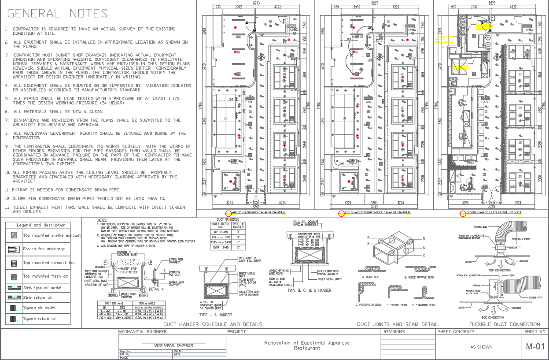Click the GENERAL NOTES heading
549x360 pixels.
coord(57,14)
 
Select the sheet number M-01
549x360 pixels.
coord(535,347)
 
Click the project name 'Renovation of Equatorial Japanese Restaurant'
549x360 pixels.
coord(307,345)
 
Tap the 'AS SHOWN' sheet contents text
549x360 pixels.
coord(481,347)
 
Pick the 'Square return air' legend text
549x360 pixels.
coord(40,319)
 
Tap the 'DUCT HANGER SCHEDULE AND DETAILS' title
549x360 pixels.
coord(213,324)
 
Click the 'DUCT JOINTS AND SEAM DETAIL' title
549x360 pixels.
coord(397,324)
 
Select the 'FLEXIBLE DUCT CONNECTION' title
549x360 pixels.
coord(505,324)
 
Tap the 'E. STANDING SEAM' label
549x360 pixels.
coord(423,305)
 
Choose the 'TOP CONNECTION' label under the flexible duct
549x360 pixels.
coord(499,270)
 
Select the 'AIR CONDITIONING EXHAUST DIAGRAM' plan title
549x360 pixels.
coord(258,213)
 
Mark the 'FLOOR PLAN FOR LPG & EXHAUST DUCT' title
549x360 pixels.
coord(494,213)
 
